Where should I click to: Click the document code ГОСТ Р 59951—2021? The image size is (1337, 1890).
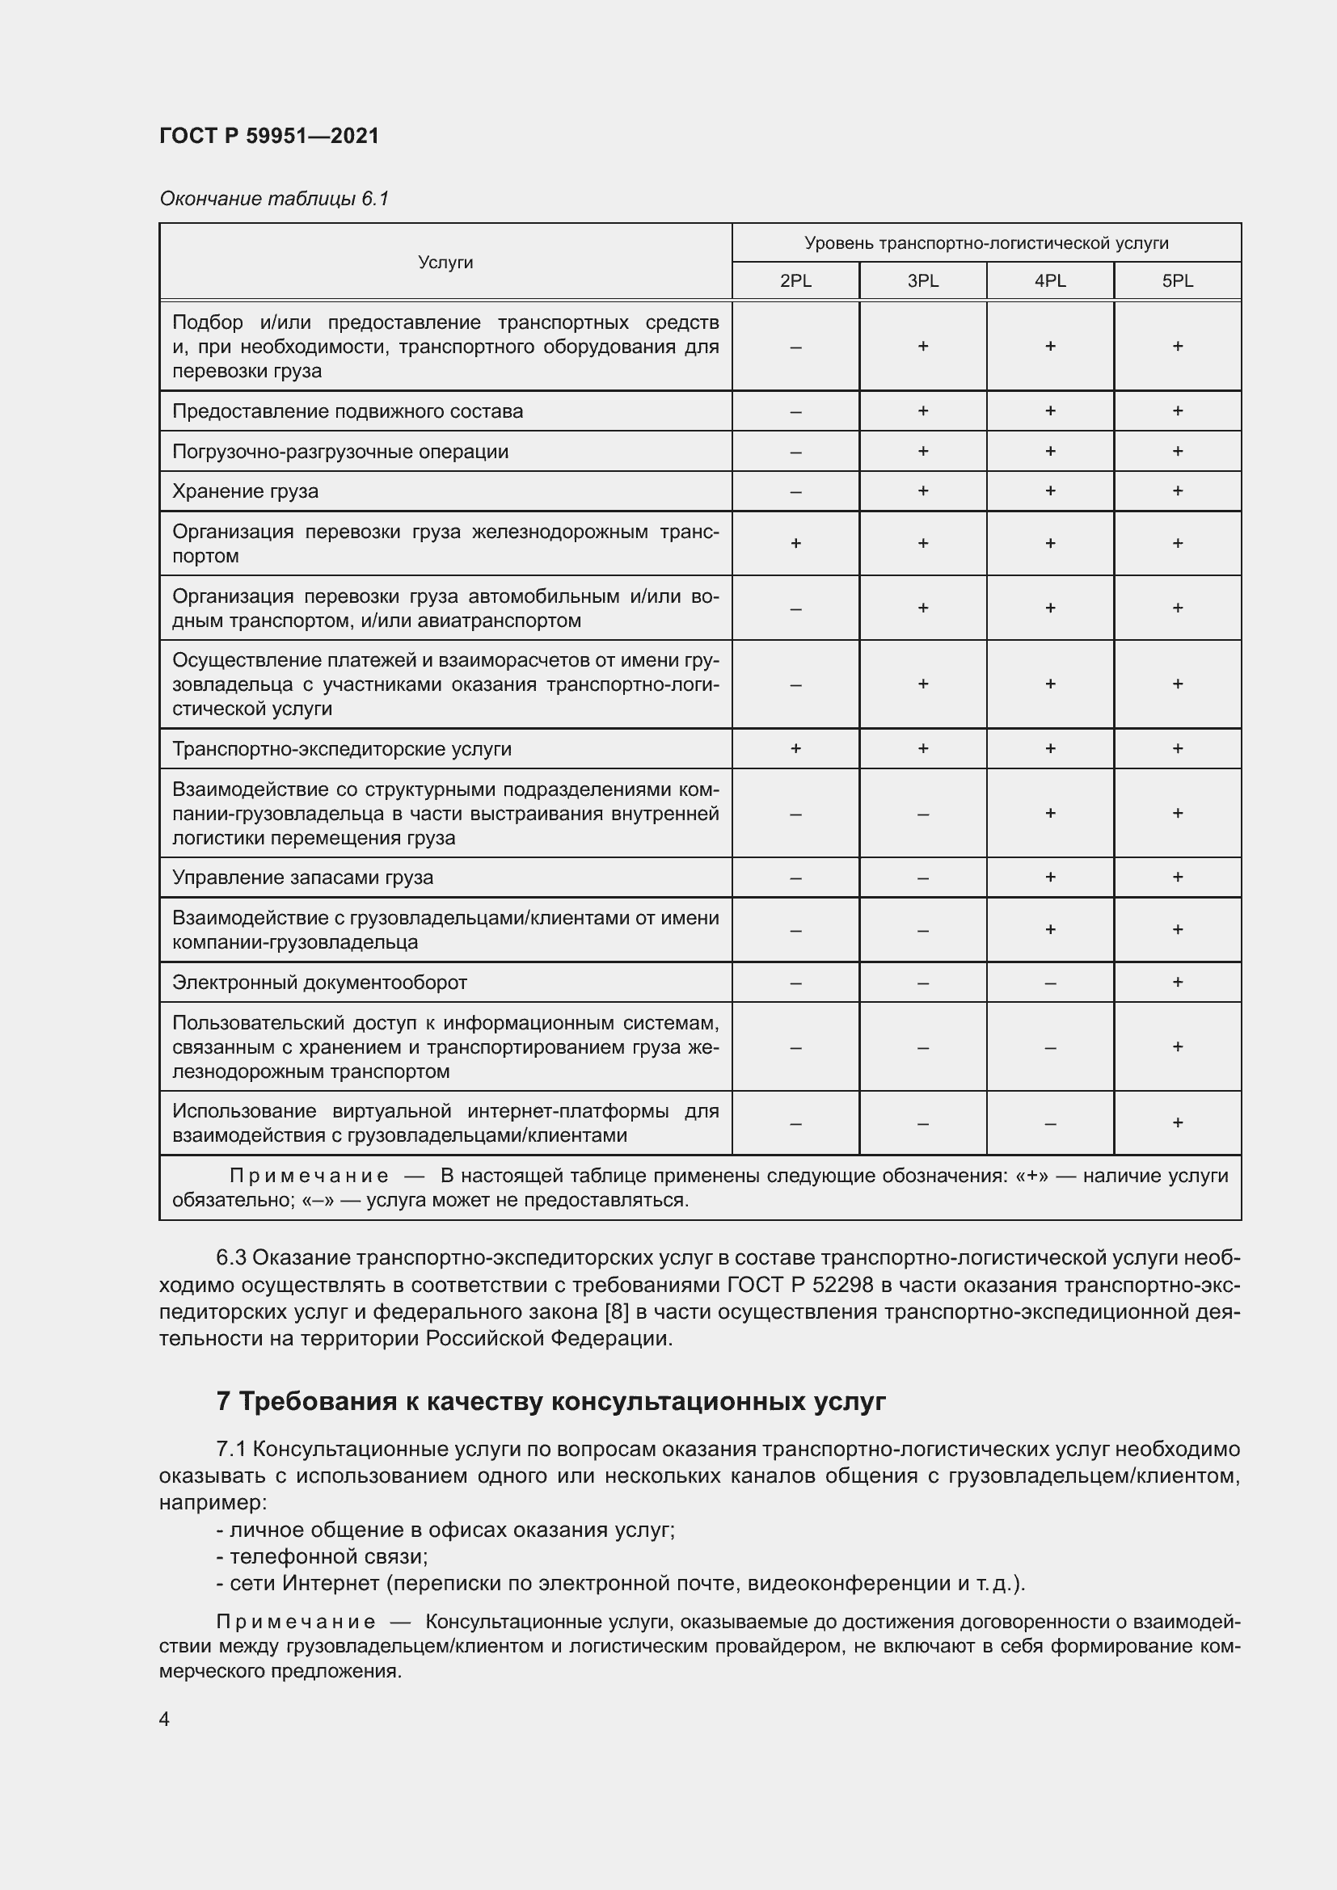tap(268, 136)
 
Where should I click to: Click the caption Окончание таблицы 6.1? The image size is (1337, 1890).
tap(273, 199)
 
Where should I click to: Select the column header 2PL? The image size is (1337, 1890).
tap(795, 280)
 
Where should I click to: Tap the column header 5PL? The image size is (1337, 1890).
tap(1177, 280)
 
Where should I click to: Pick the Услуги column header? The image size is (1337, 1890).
tap(445, 262)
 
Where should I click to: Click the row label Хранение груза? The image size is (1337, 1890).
tap(246, 491)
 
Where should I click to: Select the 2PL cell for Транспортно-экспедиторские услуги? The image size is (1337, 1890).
tap(795, 748)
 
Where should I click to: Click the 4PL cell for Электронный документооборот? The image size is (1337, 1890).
tap(1050, 982)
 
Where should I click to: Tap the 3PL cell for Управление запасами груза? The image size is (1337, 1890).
tap(923, 878)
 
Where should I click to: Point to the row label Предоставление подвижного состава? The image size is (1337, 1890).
tap(348, 410)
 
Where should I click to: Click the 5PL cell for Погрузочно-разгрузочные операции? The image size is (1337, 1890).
tap(1177, 451)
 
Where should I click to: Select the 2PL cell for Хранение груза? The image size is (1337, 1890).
tap(795, 491)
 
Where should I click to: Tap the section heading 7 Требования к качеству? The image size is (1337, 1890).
tap(550, 1402)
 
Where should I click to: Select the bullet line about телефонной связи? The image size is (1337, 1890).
tap(322, 1555)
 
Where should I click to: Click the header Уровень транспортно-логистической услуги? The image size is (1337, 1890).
tap(986, 243)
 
